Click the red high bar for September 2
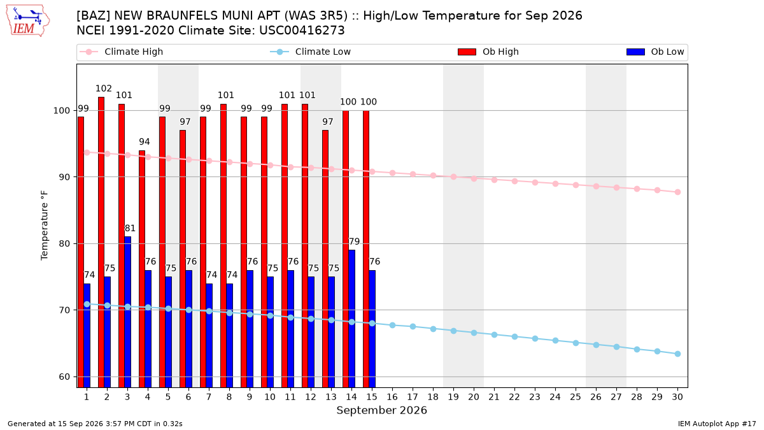[x=101, y=242]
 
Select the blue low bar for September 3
[x=127, y=312]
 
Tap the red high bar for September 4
[x=142, y=269]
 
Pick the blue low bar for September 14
[x=351, y=319]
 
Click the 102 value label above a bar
[x=104, y=89]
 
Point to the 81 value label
[x=130, y=228]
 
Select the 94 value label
[x=145, y=141]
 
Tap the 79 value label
[x=355, y=241]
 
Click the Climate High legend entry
[x=121, y=52]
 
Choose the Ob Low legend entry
[x=655, y=52]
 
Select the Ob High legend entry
[x=488, y=52]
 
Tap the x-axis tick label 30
[x=677, y=397]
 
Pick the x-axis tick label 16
[x=392, y=397]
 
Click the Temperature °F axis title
[x=45, y=226]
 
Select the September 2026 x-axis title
[x=381, y=410]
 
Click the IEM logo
[x=28, y=21]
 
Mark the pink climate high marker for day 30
[x=677, y=192]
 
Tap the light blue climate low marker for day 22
[x=514, y=337]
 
